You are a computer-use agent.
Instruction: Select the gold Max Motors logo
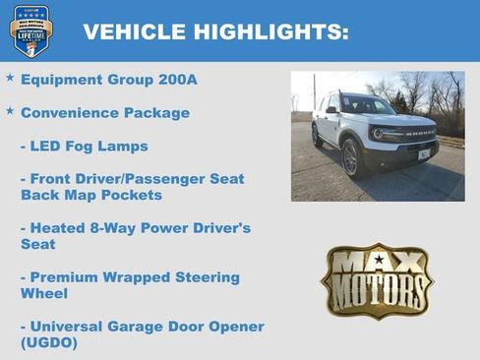377,281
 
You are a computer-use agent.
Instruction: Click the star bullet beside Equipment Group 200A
10,77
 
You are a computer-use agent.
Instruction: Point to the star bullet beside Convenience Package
10,111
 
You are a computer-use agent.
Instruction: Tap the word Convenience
70,112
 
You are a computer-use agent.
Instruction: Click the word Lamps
124,146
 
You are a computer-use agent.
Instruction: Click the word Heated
62,228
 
